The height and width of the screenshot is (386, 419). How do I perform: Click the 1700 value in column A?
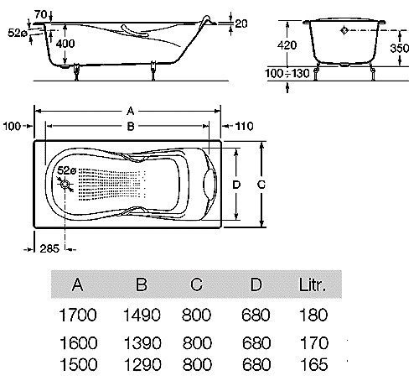click(78, 315)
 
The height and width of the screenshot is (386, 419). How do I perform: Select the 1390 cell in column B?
click(142, 343)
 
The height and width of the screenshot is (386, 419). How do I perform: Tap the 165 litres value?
click(314, 364)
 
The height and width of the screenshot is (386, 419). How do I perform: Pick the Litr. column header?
click(313, 284)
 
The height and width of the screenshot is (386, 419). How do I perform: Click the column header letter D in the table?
click(256, 284)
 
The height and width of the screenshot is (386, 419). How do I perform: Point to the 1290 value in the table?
click(142, 364)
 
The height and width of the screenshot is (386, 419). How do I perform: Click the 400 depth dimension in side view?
click(65, 44)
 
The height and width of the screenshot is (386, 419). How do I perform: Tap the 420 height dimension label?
click(287, 44)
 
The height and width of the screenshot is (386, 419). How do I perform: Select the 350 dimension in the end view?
click(400, 48)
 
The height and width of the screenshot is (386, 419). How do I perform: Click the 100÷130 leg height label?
click(287, 73)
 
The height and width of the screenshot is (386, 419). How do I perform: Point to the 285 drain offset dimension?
click(49, 248)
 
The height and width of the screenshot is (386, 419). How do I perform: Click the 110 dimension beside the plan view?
click(244, 126)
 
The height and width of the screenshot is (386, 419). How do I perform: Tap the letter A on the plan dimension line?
click(131, 112)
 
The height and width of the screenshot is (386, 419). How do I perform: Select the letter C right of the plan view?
click(261, 185)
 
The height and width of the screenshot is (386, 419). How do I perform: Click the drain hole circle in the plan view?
click(65, 185)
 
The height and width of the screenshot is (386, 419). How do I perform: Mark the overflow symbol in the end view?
click(344, 30)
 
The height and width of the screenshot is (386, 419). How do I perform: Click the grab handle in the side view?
click(134, 31)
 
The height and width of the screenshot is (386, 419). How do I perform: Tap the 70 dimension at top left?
click(40, 14)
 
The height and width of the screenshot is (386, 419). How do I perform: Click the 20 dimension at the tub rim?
click(241, 23)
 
